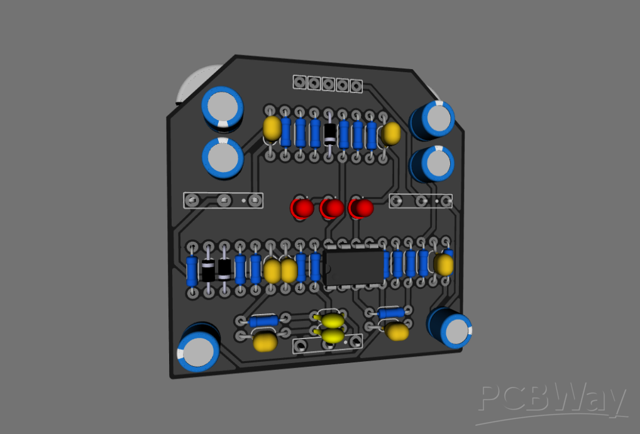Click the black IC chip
tap(354, 266)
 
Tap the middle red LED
tap(331, 208)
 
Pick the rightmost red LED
tap(361, 208)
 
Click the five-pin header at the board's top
tap(328, 83)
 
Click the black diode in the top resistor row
tap(329, 133)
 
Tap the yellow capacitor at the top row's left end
tap(272, 128)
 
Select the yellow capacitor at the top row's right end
tap(391, 133)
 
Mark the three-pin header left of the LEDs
tap(223, 200)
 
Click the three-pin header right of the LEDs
tap(421, 201)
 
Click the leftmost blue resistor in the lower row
tap(193, 271)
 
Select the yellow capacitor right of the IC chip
tap(444, 264)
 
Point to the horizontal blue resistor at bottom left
tap(263, 321)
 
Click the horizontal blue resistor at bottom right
tap(391, 312)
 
